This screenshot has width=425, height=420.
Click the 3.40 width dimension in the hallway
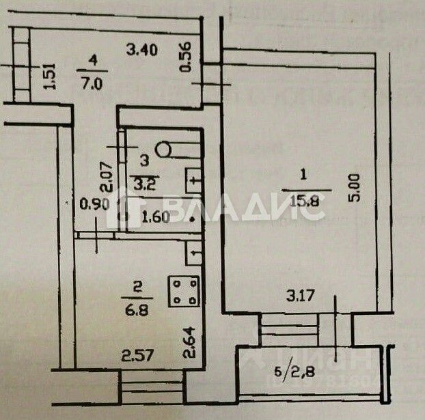tap(143, 48)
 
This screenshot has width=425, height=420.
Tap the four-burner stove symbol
tap(183, 291)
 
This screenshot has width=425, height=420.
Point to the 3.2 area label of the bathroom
tap(143, 183)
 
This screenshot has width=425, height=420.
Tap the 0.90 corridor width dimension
tap(93, 203)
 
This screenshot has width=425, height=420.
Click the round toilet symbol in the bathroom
tap(165, 148)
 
